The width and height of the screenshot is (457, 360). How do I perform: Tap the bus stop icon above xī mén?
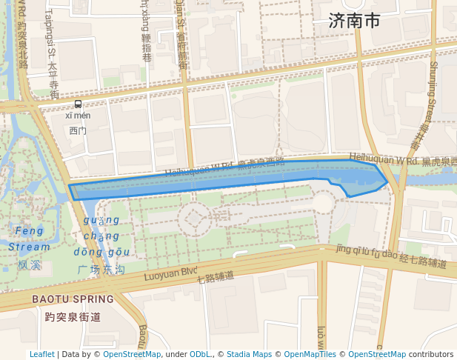[78, 104]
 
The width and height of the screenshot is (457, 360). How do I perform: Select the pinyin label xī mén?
[78, 116]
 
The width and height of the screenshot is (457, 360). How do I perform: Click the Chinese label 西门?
[78, 130]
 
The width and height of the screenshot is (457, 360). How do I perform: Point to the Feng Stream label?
[30, 239]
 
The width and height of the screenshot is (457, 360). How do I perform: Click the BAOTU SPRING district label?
[73, 299]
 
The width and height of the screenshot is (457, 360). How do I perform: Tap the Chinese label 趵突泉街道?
[73, 317]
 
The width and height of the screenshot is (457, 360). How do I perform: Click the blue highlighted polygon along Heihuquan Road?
[222, 178]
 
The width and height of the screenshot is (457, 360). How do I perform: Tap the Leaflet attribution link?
[41, 355]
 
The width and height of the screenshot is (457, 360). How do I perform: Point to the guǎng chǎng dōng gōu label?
[102, 236]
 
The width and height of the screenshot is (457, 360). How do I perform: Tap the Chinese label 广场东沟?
[101, 270]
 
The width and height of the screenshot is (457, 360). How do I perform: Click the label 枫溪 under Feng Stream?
[30, 264]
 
